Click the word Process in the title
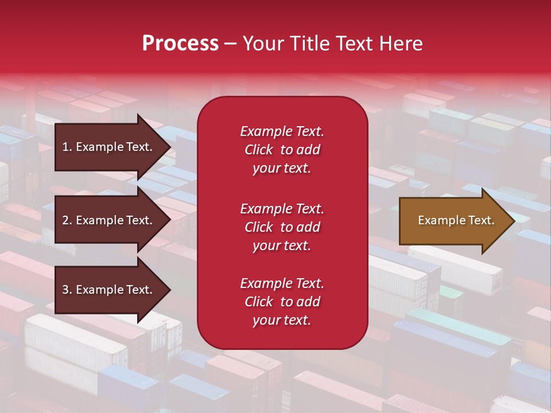click(x=180, y=44)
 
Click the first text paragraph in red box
click(x=282, y=150)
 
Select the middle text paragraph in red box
click(x=282, y=227)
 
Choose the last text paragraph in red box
click(x=282, y=302)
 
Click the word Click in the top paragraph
click(x=258, y=150)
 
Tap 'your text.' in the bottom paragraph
click(x=282, y=321)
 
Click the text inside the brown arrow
click(x=456, y=220)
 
